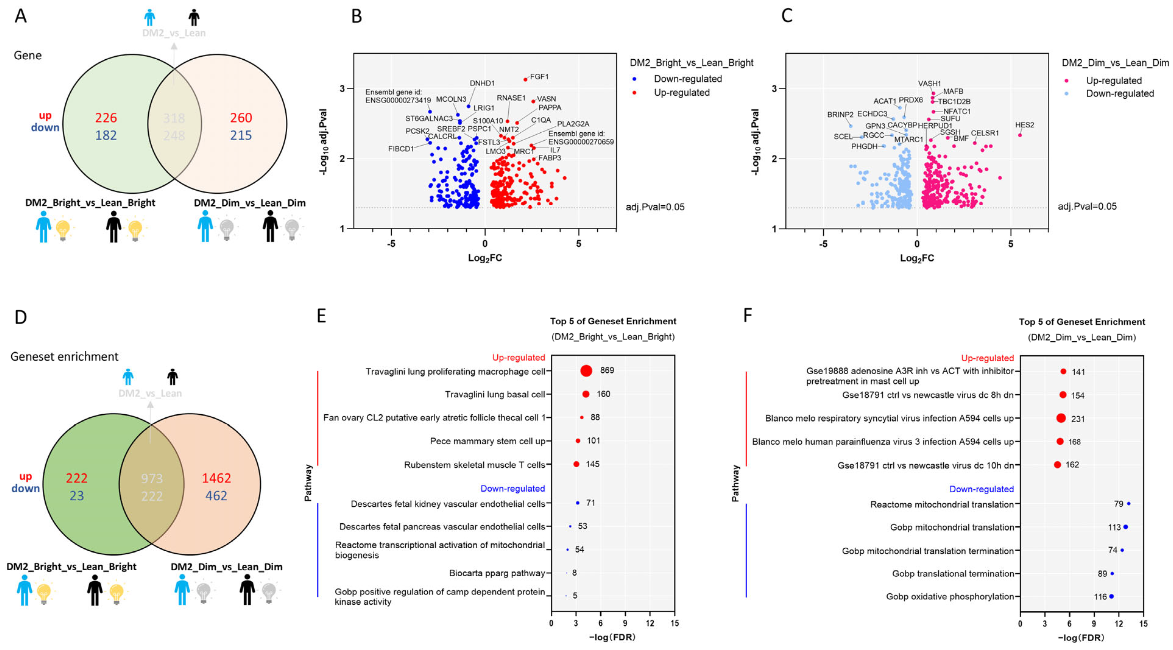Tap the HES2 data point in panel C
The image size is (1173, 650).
coord(1020,135)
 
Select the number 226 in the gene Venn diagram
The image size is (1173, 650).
coord(106,118)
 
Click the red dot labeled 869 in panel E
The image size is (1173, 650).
coord(587,371)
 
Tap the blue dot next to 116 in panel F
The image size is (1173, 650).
coord(1111,596)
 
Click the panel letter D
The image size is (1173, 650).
coord(20,317)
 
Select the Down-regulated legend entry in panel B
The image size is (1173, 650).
coord(687,79)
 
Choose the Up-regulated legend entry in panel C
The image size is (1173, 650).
coord(1114,81)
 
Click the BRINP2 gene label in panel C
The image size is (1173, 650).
coord(840,115)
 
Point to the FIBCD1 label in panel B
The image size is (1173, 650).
coord(401,149)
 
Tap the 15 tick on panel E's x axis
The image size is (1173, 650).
coord(674,623)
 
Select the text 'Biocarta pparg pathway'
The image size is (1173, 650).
coord(497,573)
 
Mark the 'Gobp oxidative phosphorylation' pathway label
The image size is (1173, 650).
coord(949,596)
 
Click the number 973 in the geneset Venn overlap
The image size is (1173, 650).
coord(152,478)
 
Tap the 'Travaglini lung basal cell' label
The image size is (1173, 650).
coord(495,394)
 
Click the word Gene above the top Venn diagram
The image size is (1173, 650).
coord(28,55)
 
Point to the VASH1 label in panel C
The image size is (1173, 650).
coord(929,84)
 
